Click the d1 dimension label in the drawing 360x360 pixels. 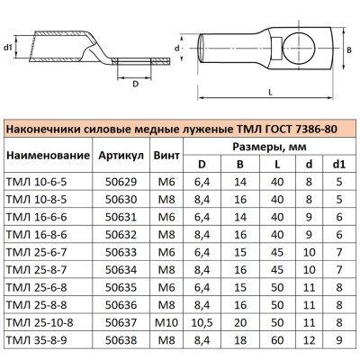(9, 46)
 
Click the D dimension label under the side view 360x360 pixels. (136, 85)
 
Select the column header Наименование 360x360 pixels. (47, 155)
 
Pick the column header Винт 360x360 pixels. (166, 155)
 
